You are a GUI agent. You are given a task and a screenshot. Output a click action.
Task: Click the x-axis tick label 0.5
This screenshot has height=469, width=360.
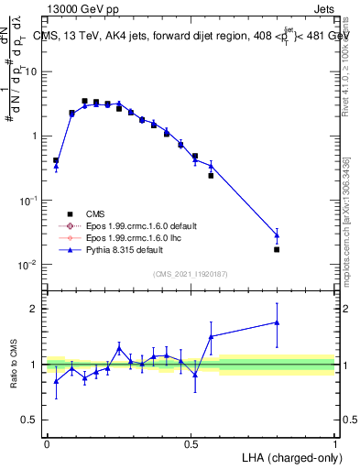click(191, 443)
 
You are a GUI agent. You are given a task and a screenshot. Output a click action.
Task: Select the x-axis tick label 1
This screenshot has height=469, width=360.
click(335, 443)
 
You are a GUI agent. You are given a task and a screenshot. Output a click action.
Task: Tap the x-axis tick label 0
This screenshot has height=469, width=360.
click(47, 443)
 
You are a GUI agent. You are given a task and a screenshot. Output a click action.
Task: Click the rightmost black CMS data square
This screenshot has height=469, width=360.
click(277, 249)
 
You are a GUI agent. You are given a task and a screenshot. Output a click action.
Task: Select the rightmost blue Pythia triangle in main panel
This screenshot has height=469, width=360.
click(277, 235)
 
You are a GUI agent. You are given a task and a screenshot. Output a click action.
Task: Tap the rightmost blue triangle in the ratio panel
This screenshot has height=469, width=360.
click(277, 322)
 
